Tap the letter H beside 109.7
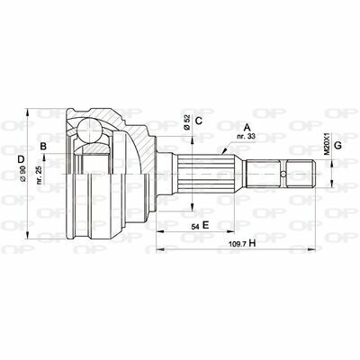point(253,244)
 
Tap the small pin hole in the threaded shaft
point(283,173)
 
